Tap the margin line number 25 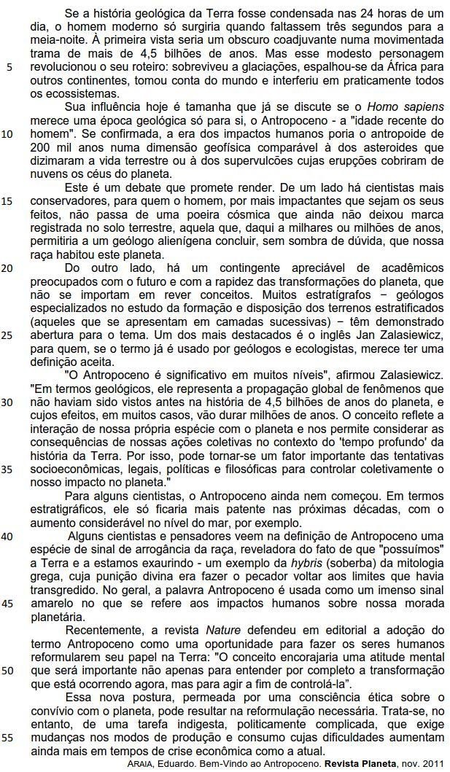pyautogui.click(x=7, y=316)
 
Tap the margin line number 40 pyautogui.click(x=7, y=536)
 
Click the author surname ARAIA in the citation pyautogui.click(x=139, y=763)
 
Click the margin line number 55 pyautogui.click(x=7, y=737)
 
